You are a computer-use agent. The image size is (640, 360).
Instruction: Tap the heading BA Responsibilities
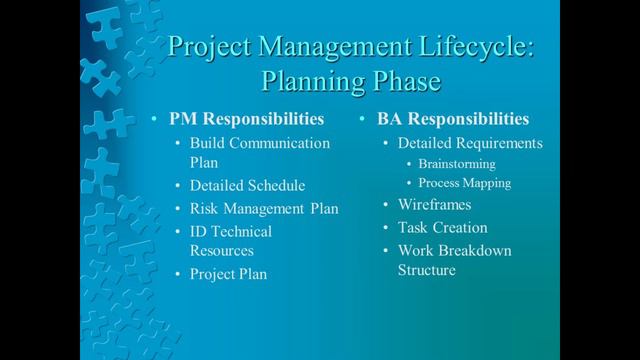pyautogui.click(x=452, y=119)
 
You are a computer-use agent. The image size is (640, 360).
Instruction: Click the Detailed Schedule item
pyautogui.click(x=248, y=186)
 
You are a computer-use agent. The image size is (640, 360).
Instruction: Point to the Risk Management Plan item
pyautogui.click(x=264, y=209)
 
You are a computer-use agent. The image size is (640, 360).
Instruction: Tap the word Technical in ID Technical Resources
pyautogui.click(x=240, y=231)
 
